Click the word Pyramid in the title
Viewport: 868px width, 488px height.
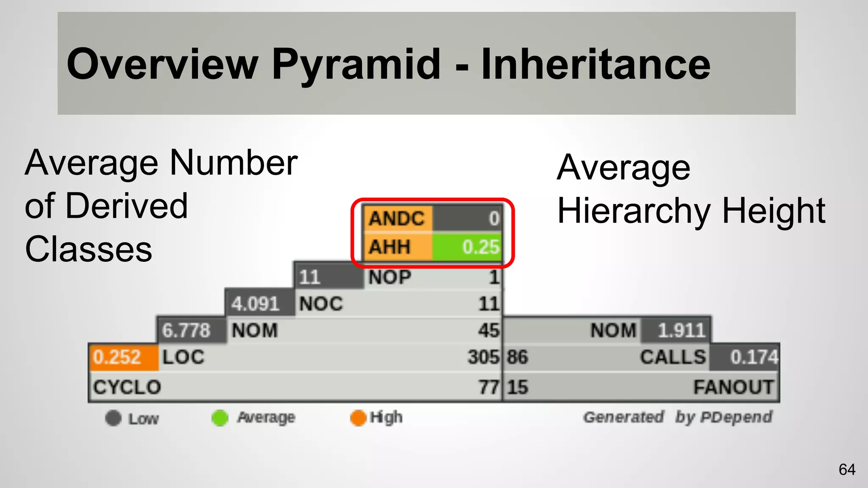[x=356, y=64]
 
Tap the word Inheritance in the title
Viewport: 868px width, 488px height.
[x=595, y=64]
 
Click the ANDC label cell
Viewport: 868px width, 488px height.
[x=397, y=219]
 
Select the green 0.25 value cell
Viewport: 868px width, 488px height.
[x=467, y=247]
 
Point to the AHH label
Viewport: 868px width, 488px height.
[x=390, y=247]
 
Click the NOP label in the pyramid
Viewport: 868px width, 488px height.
[x=390, y=277]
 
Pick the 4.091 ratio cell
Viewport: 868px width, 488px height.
[x=256, y=304]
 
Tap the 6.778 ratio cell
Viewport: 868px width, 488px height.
[x=186, y=330]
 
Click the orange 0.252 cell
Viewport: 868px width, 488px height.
[x=117, y=357]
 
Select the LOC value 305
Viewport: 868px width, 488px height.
[x=484, y=357]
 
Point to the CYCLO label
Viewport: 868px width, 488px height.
[x=127, y=387]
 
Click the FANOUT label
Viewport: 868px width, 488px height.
[x=733, y=387]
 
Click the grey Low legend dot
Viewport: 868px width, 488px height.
[x=113, y=418]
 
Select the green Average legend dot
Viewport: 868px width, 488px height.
[x=220, y=418]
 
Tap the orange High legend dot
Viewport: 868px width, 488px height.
[x=358, y=418]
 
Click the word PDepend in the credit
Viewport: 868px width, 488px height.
[x=736, y=417]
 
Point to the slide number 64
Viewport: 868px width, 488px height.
[x=847, y=469]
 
